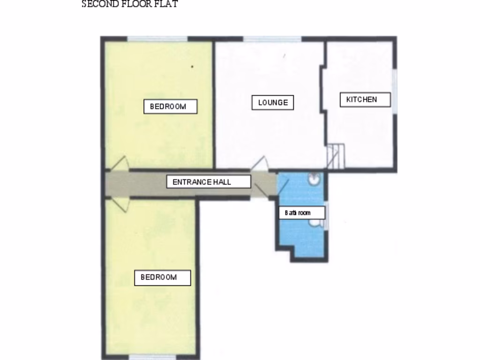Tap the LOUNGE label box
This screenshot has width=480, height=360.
(273, 102)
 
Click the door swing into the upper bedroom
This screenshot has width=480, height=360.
(120, 162)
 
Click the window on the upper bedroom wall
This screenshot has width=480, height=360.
(157, 39)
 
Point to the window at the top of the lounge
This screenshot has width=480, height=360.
(272, 39)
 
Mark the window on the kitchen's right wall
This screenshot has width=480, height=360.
(394, 91)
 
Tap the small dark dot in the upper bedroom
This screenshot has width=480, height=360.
(192, 67)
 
